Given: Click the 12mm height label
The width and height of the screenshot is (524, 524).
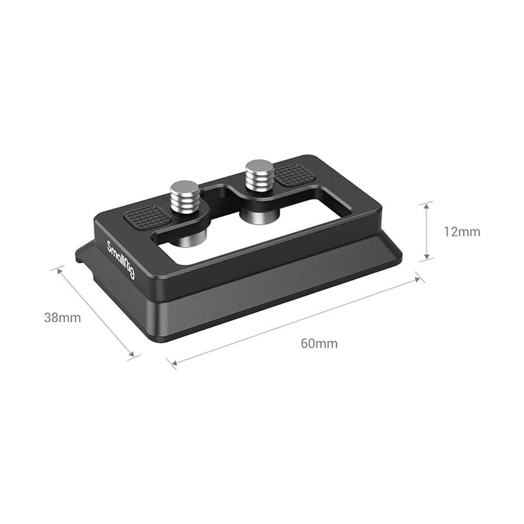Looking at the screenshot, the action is tap(462, 232).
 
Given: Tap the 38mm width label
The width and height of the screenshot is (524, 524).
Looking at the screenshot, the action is tap(62, 317).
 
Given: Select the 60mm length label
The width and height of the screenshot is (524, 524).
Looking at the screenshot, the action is tap(319, 344).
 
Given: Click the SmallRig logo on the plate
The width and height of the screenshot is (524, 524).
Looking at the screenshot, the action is tap(121, 260).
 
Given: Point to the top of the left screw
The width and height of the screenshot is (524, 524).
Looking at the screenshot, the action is tap(185, 188).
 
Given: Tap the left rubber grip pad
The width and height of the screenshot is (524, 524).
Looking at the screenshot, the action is tap(148, 217).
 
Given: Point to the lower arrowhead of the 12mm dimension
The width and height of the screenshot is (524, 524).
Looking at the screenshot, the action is tap(427, 255).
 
